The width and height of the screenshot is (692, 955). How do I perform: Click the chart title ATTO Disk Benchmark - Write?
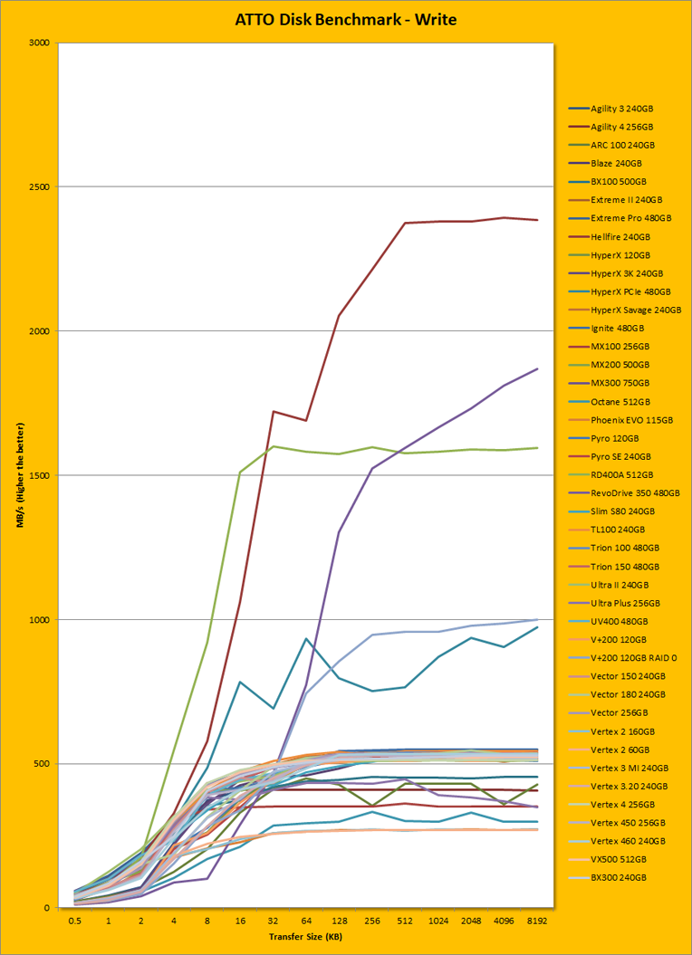coord(345,19)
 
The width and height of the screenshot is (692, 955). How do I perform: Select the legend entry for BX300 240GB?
coord(619,877)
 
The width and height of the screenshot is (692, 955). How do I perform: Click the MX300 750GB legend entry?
coord(620,383)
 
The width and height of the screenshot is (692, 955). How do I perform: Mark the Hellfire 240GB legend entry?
coord(620,236)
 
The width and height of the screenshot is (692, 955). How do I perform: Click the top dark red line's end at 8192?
coord(537,220)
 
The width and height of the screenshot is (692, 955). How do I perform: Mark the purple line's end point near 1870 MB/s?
coord(537,368)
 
